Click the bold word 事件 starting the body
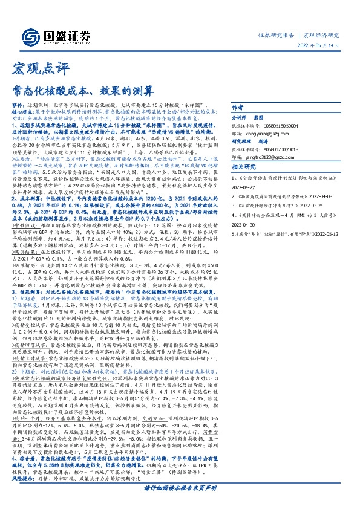19,105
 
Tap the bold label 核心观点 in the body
22,112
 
